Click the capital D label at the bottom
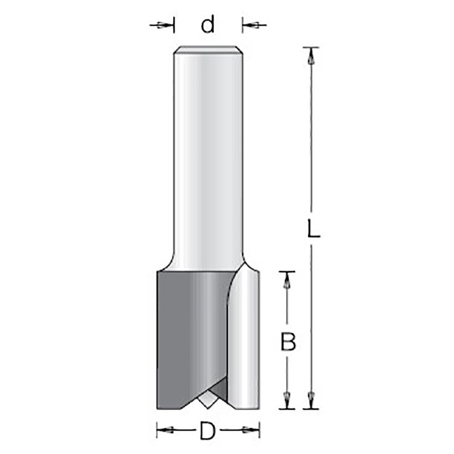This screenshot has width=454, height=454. tap(208, 431)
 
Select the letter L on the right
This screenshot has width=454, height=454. tap(313, 228)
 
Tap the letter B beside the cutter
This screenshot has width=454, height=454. tap(288, 341)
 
